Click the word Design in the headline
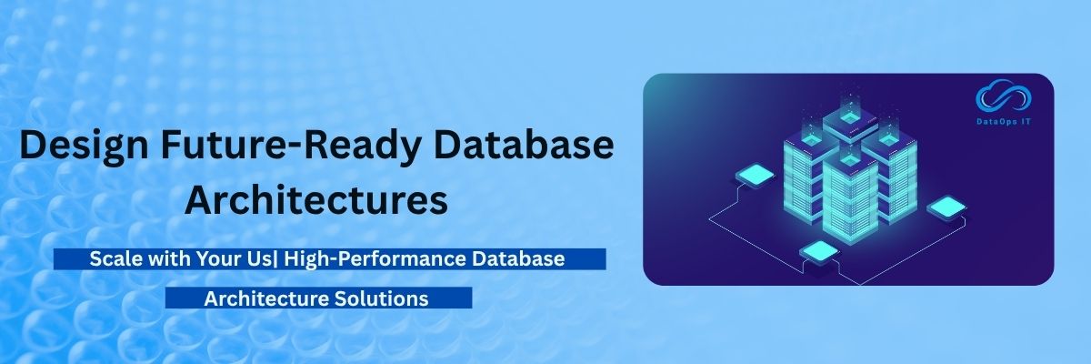coord(85,147)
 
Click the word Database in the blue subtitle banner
coord(518,258)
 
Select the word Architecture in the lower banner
coord(263,298)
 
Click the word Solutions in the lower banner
coord(378,298)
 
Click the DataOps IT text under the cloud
coord(1004,122)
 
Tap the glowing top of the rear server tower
coord(850,117)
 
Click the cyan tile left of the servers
coord(755,176)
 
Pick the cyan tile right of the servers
coord(946,207)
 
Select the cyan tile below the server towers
coord(819,251)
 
